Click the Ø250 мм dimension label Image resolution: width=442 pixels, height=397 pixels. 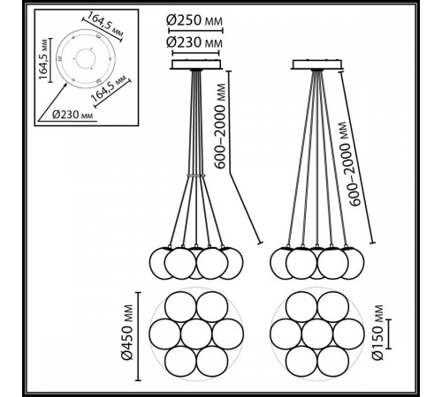[194, 20]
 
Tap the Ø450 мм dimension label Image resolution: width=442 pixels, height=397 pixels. [127, 333]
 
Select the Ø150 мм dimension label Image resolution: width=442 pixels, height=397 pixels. [377, 333]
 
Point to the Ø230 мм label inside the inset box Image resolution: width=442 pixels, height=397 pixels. [72, 115]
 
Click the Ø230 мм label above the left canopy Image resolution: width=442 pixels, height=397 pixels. [194, 43]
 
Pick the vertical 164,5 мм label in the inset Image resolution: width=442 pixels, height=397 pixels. [43, 59]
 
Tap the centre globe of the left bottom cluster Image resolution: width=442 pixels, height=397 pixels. [196, 334]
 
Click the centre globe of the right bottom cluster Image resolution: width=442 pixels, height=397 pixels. [317, 334]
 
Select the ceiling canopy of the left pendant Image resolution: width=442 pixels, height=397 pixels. [196, 64]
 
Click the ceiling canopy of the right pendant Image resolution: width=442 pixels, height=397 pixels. [317, 64]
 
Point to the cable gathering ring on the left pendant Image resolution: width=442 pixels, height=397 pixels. [196, 176]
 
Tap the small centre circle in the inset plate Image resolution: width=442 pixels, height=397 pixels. [85, 58]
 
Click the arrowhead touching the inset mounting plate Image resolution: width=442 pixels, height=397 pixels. [65, 86]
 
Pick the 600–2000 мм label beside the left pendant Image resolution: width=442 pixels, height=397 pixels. [220, 126]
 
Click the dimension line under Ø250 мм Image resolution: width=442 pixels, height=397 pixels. [195, 30]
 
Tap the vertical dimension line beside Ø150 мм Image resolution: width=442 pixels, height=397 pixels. [389, 334]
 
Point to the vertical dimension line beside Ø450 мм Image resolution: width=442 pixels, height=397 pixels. [139, 336]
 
